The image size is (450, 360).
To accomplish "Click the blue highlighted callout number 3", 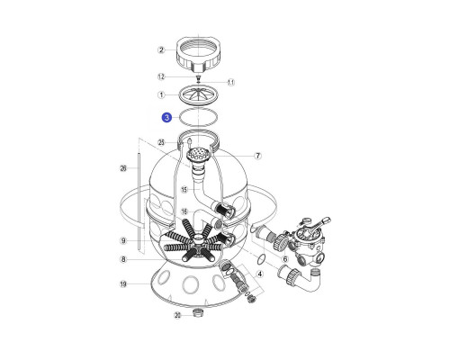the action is coord(166,117).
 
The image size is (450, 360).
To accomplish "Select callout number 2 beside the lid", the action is coord(161,49).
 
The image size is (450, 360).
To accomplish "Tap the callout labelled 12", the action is coord(161,76).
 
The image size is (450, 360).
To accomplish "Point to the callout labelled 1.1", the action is coord(230,82).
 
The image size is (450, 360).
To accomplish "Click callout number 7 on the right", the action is coord(257,156).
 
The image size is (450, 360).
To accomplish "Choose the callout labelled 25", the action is coord(161,142).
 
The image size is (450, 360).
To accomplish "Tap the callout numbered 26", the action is coord(123,168).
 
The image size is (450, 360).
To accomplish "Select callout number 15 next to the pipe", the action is coord(184,189).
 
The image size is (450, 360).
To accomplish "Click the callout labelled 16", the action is coord(184,211).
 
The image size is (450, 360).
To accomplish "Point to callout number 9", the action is coord(123,240).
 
